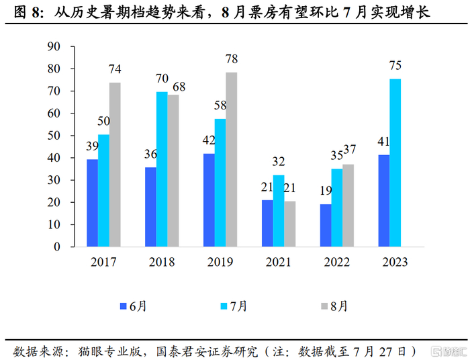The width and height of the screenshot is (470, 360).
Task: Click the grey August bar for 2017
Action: (x=115, y=165)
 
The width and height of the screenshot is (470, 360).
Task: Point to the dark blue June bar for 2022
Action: (x=326, y=225)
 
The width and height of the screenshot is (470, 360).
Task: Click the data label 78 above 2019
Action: (x=232, y=59)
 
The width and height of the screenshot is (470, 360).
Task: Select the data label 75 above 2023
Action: (x=395, y=66)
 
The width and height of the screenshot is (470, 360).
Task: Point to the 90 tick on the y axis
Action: (x=54, y=46)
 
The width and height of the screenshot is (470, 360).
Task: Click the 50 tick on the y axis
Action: (x=54, y=136)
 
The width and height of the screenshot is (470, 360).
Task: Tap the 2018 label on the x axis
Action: (x=161, y=263)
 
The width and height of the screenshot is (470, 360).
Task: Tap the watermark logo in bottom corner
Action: (x=445, y=351)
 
